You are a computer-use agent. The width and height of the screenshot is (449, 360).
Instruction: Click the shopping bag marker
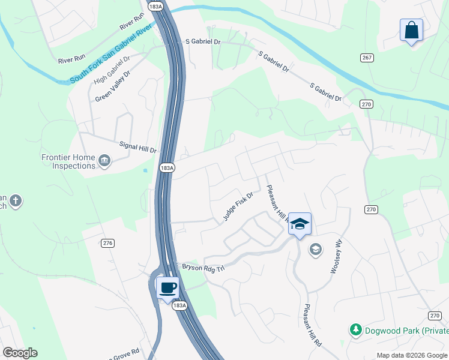click(411, 30)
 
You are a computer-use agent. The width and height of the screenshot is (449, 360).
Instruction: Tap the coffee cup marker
click(167, 287)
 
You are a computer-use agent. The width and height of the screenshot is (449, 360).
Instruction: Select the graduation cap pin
click(300, 224)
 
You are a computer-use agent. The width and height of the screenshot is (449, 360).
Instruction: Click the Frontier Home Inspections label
click(68, 161)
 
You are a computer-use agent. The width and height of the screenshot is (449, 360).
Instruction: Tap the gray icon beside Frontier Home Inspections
click(104, 160)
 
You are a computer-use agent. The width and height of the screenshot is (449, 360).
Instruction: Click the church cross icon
click(16, 201)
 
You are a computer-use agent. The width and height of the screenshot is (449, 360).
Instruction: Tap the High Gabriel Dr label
click(110, 69)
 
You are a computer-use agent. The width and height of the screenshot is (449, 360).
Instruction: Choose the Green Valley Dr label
click(112, 86)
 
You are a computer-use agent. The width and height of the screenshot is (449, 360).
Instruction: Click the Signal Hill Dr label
click(137, 146)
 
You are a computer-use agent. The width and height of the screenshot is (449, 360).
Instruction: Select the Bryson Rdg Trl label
click(203, 266)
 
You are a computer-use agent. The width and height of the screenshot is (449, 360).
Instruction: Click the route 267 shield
click(367, 57)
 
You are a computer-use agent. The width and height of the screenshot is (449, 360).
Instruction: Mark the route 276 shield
click(108, 243)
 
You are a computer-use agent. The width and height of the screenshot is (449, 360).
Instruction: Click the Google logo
click(20, 353)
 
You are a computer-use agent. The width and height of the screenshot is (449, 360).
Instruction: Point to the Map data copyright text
click(412, 355)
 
